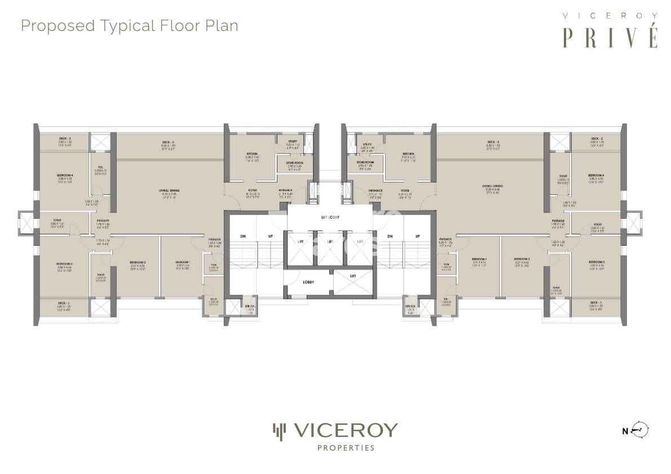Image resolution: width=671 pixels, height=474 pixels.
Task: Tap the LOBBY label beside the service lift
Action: (x=308, y=282)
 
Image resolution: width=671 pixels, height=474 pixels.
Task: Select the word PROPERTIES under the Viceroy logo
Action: (x=335, y=449)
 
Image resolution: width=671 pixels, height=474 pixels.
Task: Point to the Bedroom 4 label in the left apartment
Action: (x=64, y=176)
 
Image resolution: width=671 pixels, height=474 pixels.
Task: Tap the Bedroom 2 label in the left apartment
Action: (x=138, y=263)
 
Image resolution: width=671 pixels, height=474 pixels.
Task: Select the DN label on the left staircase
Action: (x=242, y=236)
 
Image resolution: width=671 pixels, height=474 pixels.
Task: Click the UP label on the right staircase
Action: (x=417, y=236)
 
